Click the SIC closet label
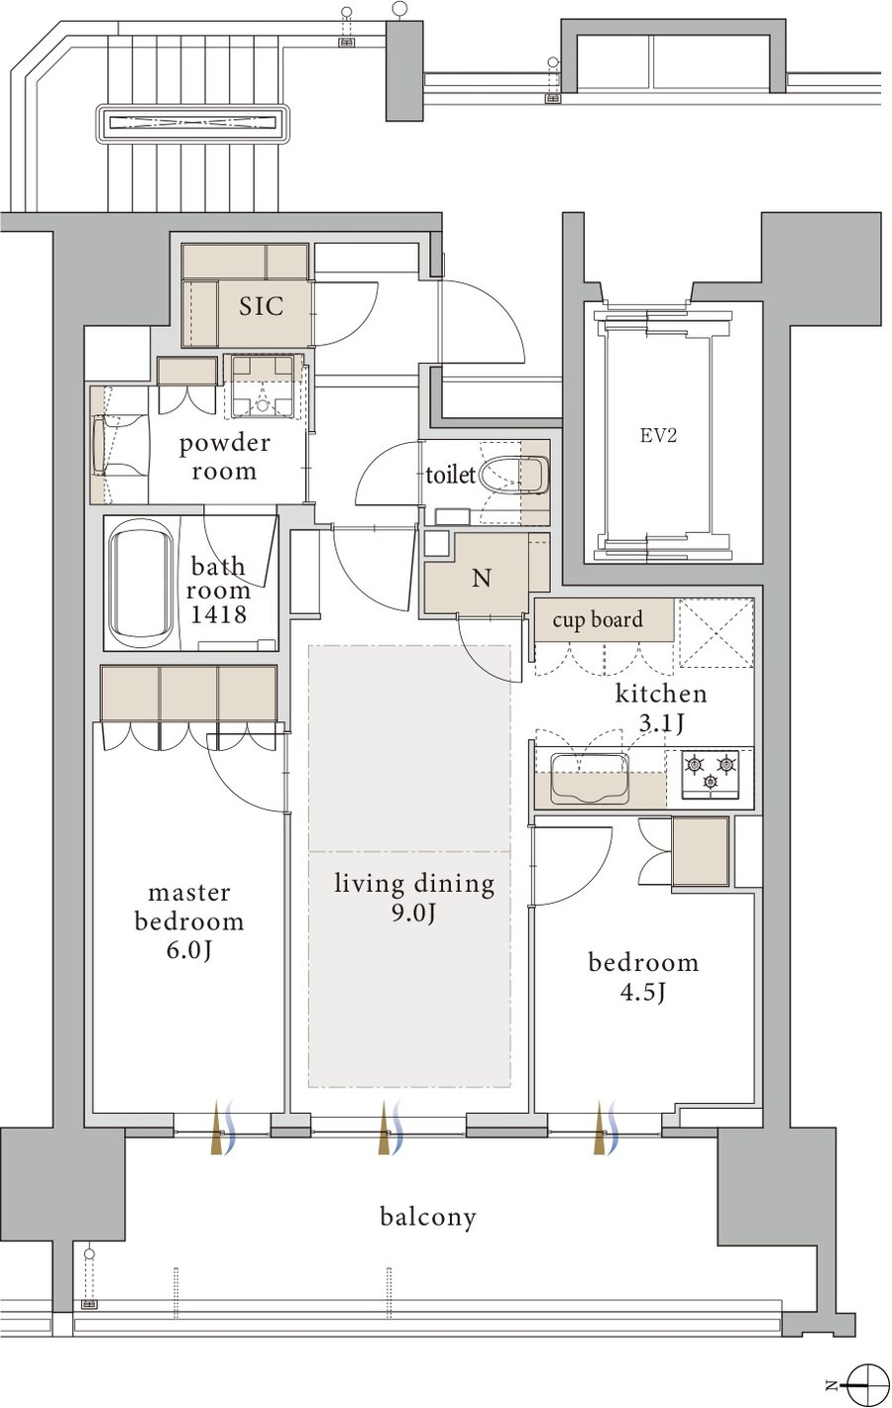(x=261, y=306)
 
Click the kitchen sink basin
(x=590, y=778)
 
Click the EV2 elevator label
(x=658, y=435)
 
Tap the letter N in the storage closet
(x=482, y=579)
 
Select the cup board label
(x=598, y=620)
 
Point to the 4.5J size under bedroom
(x=643, y=993)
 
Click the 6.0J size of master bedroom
(x=188, y=950)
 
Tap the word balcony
(x=428, y=1218)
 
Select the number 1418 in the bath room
(x=218, y=614)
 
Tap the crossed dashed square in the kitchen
(x=716, y=632)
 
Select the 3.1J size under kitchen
(x=661, y=724)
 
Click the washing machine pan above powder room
(x=263, y=386)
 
